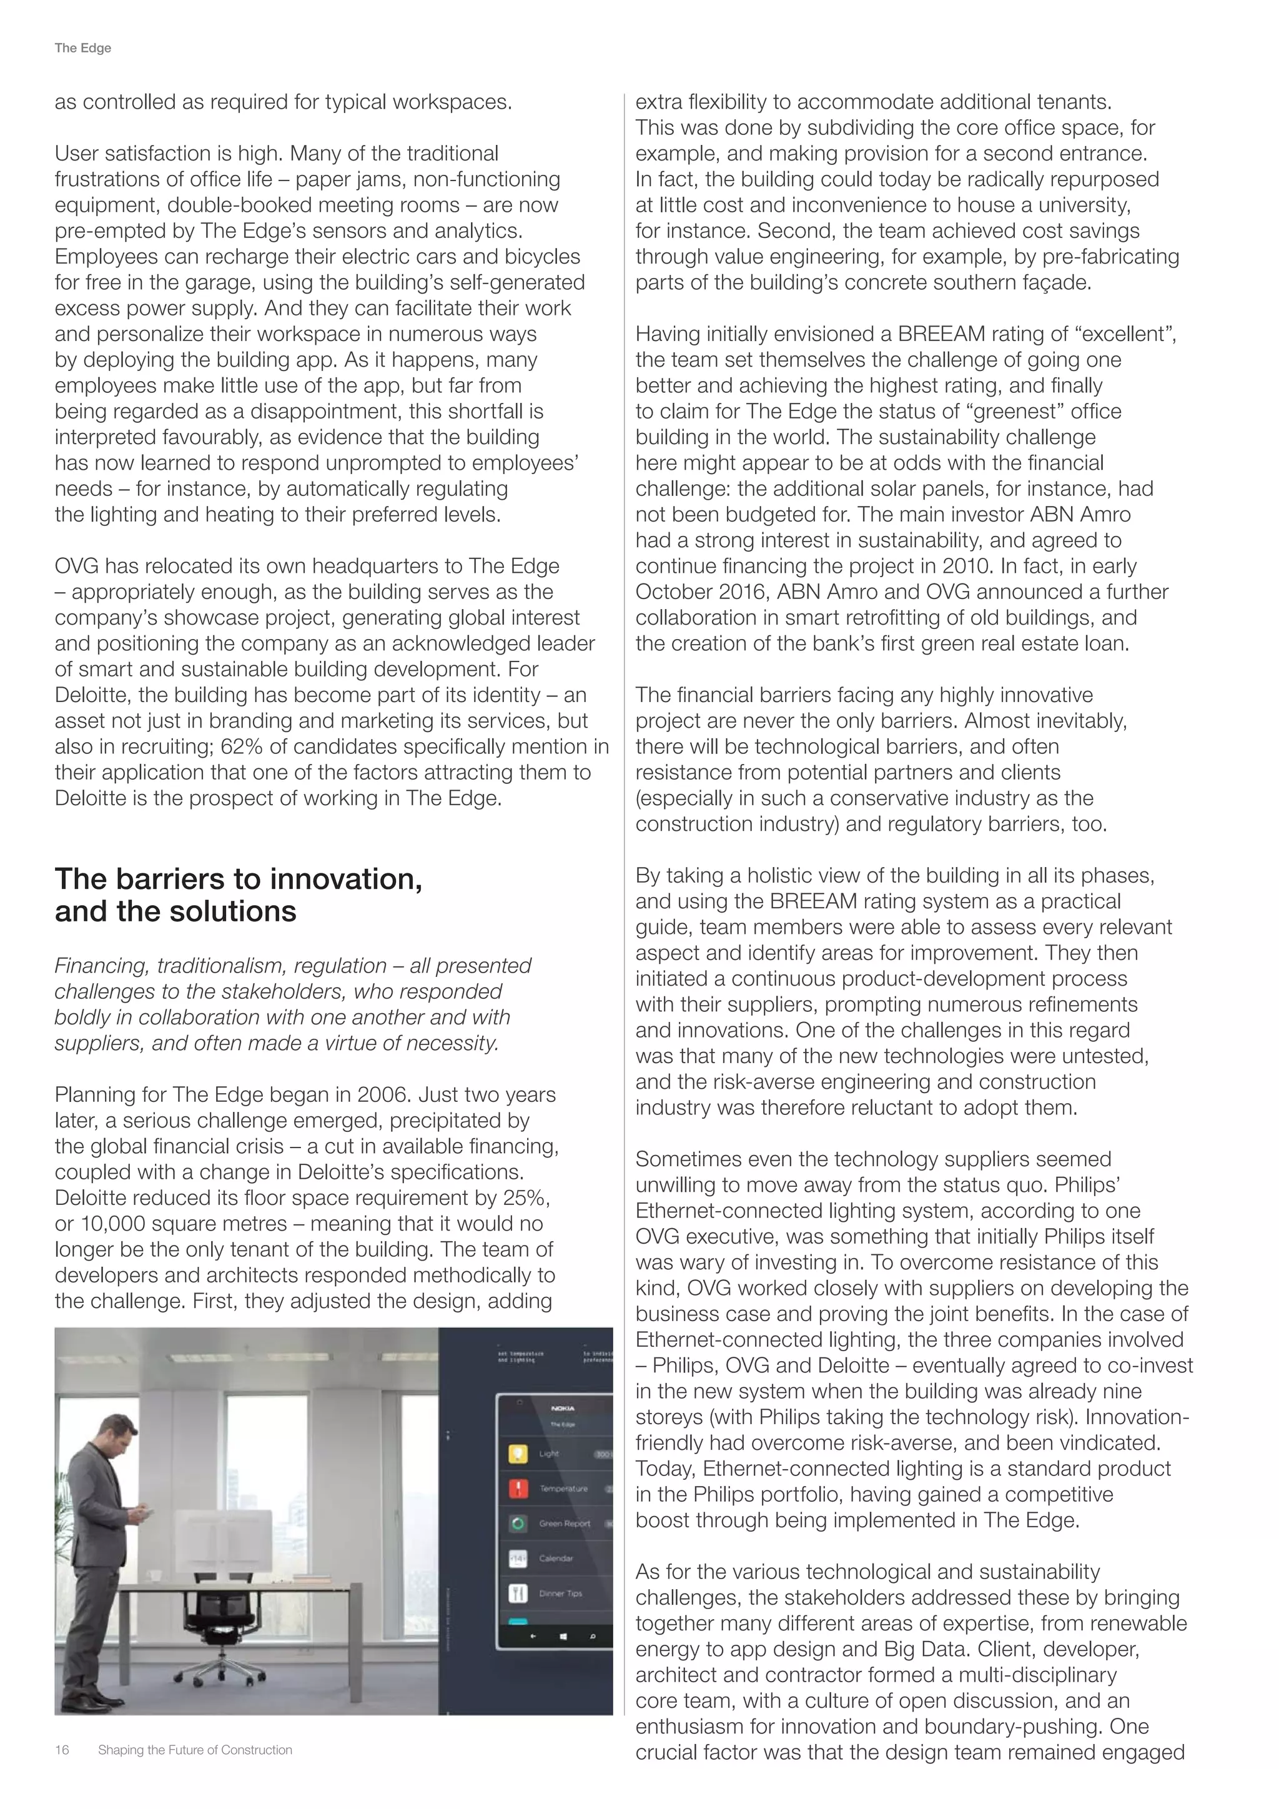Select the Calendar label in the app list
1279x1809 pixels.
(x=555, y=1559)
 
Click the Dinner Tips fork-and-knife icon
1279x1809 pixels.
(x=518, y=1593)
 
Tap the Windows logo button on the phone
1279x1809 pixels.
(x=563, y=1637)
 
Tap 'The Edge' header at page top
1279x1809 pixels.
(x=82, y=48)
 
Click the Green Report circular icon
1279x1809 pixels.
(x=518, y=1524)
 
